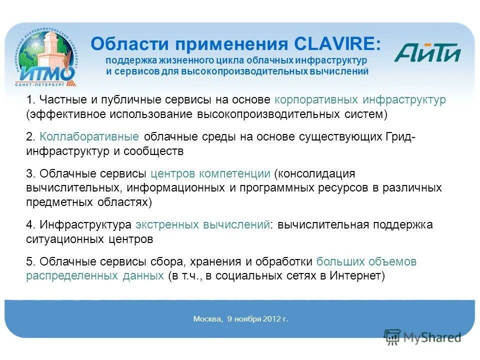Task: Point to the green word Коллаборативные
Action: (x=90, y=137)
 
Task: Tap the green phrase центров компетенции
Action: (x=210, y=174)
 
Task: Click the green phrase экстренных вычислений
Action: (x=202, y=225)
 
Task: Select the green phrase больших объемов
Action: (x=366, y=261)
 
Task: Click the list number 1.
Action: (x=29, y=100)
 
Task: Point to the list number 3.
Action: (x=29, y=174)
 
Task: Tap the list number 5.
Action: (x=29, y=261)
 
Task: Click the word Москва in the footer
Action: (x=207, y=319)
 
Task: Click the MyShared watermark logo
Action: (x=423, y=337)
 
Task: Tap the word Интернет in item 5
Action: (x=352, y=276)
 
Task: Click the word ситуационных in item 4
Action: (x=65, y=239)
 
